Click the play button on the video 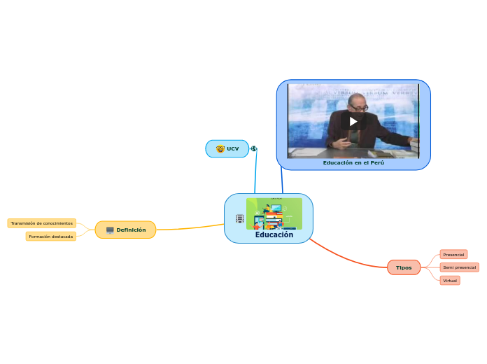click(x=353, y=121)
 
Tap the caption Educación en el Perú click(x=353, y=162)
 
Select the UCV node click(x=227, y=148)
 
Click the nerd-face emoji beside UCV click(x=220, y=149)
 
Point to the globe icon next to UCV click(x=253, y=148)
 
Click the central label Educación click(x=274, y=234)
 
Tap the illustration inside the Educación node click(x=274, y=213)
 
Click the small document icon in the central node click(x=240, y=219)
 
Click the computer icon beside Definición click(x=110, y=230)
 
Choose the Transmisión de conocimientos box click(x=42, y=223)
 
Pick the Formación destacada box click(x=51, y=237)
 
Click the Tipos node click(x=404, y=267)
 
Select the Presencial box click(x=454, y=255)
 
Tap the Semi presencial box click(x=460, y=267)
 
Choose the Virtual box click(x=450, y=281)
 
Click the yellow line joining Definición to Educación click(x=189, y=227)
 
